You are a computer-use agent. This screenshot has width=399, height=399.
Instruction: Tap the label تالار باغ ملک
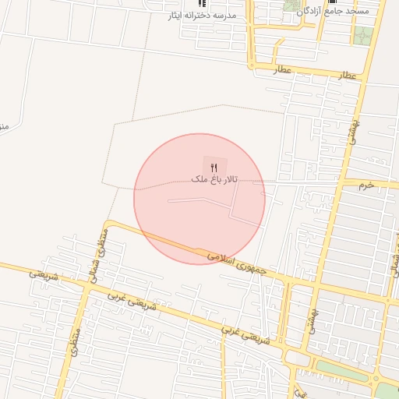(x=214, y=179)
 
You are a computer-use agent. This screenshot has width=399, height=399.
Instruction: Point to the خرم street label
(x=366, y=185)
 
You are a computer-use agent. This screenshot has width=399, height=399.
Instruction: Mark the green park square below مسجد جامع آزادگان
(x=363, y=36)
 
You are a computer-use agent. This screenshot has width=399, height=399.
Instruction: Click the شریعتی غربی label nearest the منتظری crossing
(x=123, y=300)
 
